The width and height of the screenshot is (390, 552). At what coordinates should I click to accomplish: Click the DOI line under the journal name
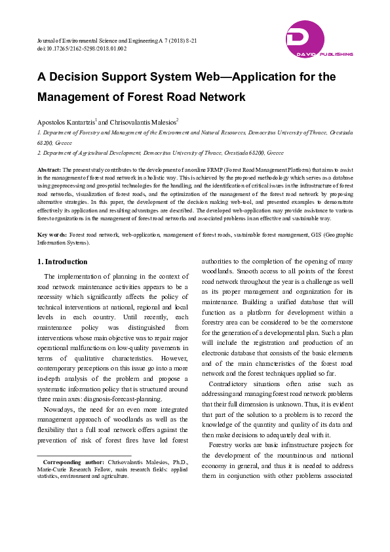[x=82, y=49]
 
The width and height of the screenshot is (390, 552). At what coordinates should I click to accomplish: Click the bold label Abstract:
[x=50, y=169]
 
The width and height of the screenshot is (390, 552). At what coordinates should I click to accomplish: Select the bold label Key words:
[x=52, y=234]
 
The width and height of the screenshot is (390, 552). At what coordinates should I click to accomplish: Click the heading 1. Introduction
[x=64, y=262]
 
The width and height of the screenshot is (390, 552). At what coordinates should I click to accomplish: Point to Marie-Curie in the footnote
[x=53, y=469]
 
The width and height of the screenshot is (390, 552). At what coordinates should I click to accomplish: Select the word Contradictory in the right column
[x=229, y=384]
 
